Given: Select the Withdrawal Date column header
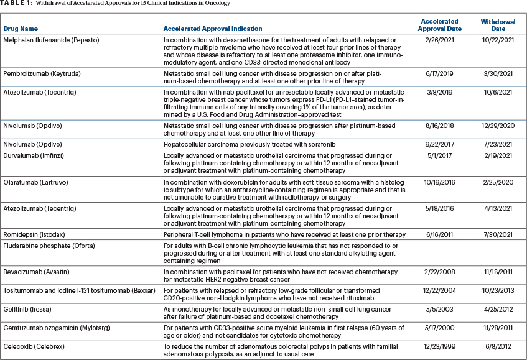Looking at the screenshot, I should (498, 25).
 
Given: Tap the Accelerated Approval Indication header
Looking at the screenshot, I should (212, 29).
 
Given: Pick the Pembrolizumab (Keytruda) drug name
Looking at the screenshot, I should (42, 73).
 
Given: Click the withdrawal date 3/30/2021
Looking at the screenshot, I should (498, 73).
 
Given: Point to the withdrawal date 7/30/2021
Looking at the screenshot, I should (498, 234).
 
